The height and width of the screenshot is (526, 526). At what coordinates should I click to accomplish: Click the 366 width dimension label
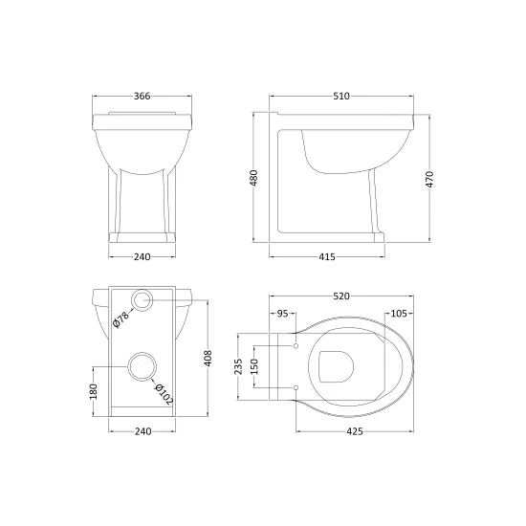tap(142, 97)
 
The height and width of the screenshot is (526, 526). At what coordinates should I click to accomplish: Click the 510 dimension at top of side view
tap(341, 97)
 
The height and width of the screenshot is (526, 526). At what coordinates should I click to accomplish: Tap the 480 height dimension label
tap(254, 178)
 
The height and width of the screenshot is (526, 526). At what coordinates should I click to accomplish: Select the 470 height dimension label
tap(429, 179)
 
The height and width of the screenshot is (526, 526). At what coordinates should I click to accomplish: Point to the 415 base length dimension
tap(327, 257)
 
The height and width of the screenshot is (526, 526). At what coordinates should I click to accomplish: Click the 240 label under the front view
tap(142, 257)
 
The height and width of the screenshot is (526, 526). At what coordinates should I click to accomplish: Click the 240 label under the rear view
tap(142, 431)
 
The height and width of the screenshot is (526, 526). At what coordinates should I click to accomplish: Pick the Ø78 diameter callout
tap(121, 319)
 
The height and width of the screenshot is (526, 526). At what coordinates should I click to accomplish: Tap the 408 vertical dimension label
tap(208, 358)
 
